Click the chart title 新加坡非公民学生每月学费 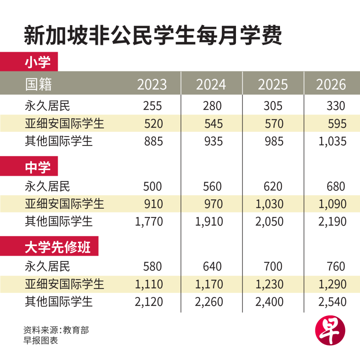pyautogui.click(x=153, y=36)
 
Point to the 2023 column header pyautogui.click(x=152, y=85)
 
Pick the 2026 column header pyautogui.click(x=331, y=85)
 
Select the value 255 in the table pyautogui.click(x=152, y=106)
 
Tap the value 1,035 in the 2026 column pyautogui.click(x=332, y=141)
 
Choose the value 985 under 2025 pyautogui.click(x=273, y=141)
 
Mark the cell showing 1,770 pyautogui.click(x=149, y=222)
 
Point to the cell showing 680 pyautogui.click(x=336, y=186)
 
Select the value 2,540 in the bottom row pyautogui.click(x=332, y=302)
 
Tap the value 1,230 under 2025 pyautogui.click(x=269, y=284)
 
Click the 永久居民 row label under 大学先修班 pyautogui.click(x=48, y=267)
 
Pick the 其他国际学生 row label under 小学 pyautogui.click(x=59, y=141)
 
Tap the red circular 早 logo pyautogui.click(x=330, y=330)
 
